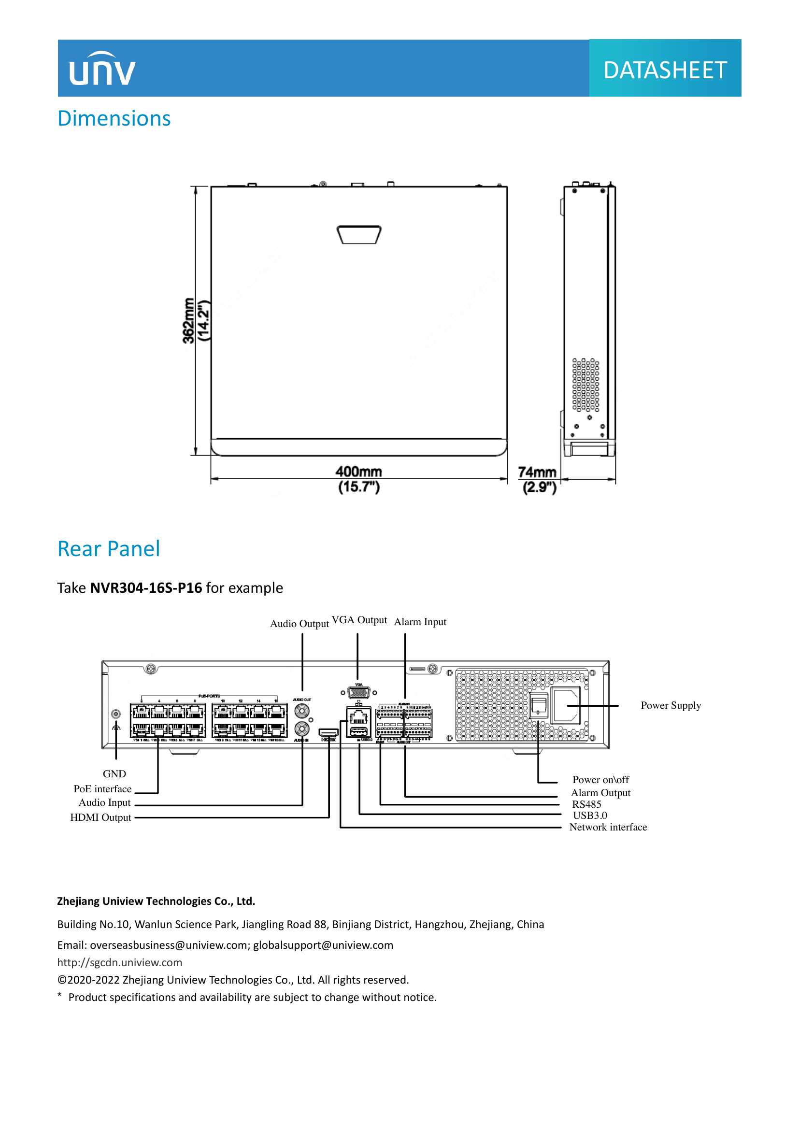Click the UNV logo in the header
[102, 70]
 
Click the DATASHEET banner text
[665, 71]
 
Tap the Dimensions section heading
[114, 119]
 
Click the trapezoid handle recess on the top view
[359, 234]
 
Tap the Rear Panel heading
[109, 549]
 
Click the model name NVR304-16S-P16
[146, 587]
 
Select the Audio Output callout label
[299, 624]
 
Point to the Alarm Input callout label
[420, 622]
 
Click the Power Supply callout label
[671, 705]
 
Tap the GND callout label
[114, 773]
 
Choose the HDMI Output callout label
[101, 817]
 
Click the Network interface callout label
[608, 827]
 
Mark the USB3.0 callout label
[589, 815]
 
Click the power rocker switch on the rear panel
[539, 707]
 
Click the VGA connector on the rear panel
[358, 693]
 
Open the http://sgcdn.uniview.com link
[119, 962]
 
